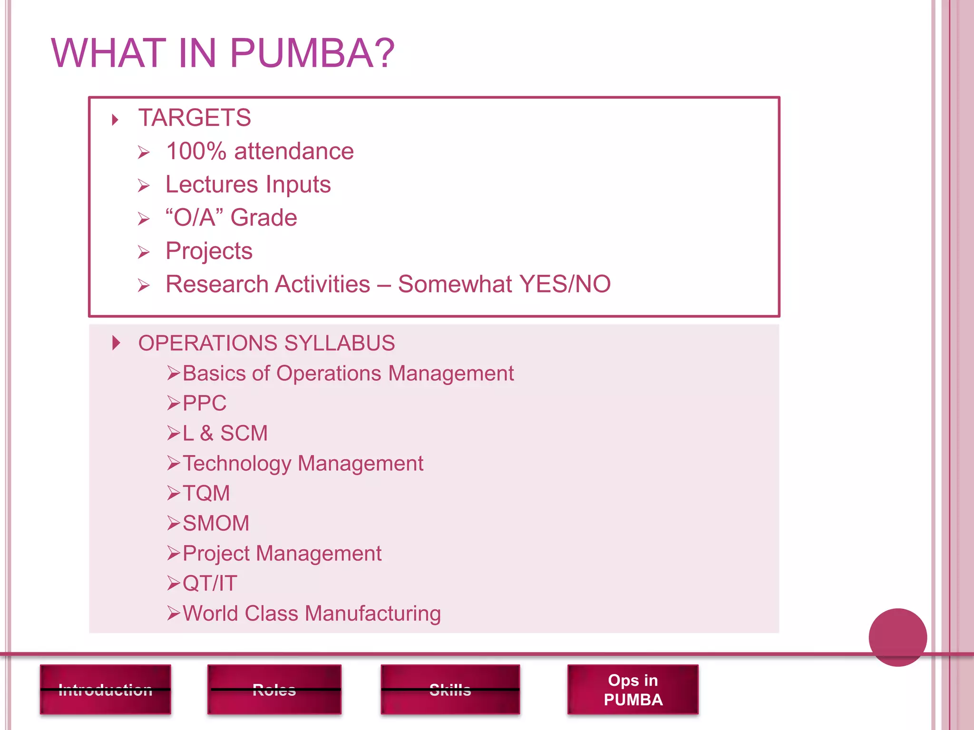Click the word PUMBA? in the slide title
point(312,53)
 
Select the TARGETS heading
point(194,118)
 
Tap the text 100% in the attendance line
point(196,152)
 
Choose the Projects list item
point(209,251)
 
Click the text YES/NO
point(565,284)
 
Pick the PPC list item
point(205,403)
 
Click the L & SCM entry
point(225,433)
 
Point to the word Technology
point(237,463)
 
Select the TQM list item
point(206,493)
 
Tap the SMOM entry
point(216,523)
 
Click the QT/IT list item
point(210,583)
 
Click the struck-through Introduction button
point(106,690)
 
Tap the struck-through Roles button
point(274,690)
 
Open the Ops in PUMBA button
point(633,690)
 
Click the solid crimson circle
point(897,637)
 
